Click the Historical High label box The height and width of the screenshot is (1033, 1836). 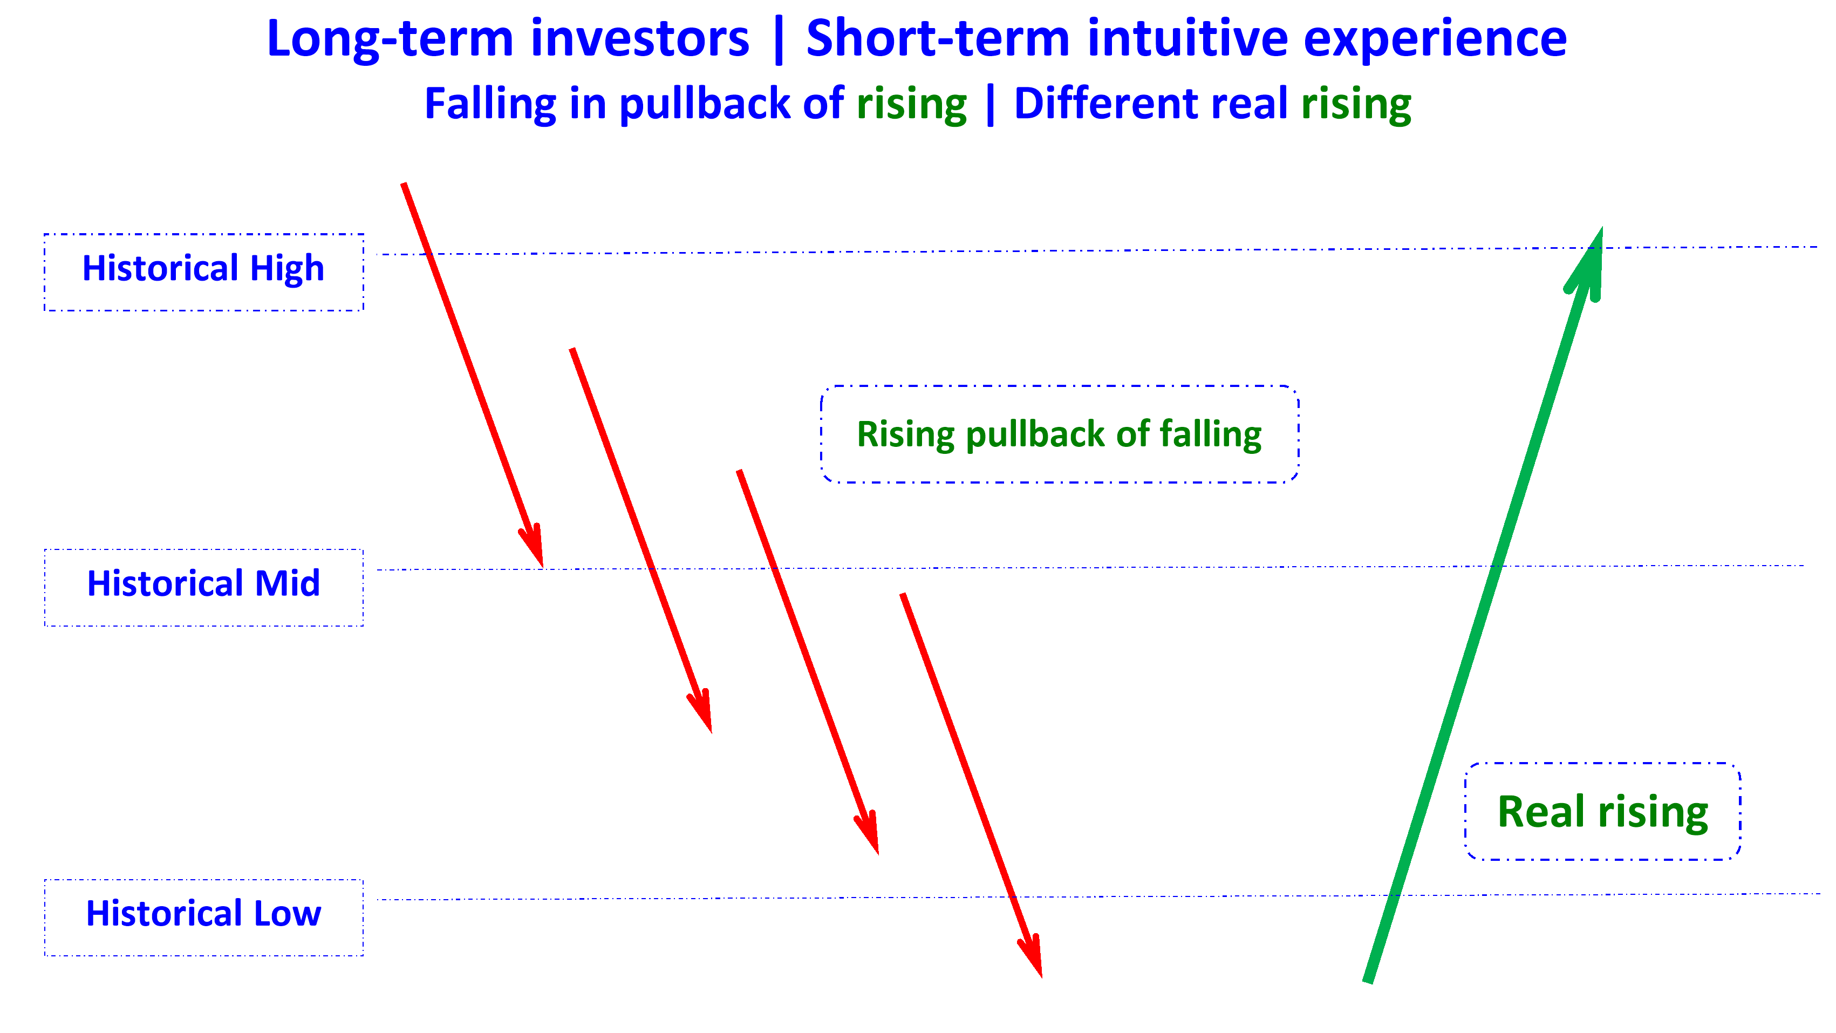204,271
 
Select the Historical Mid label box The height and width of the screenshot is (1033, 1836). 204,587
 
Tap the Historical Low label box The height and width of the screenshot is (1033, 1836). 204,918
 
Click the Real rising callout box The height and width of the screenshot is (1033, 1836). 1602,811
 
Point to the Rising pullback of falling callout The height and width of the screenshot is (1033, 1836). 1059,434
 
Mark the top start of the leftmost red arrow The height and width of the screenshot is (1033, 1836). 404,185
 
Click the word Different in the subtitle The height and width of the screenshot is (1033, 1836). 1106,104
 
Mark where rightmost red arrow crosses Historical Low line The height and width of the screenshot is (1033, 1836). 1012,897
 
